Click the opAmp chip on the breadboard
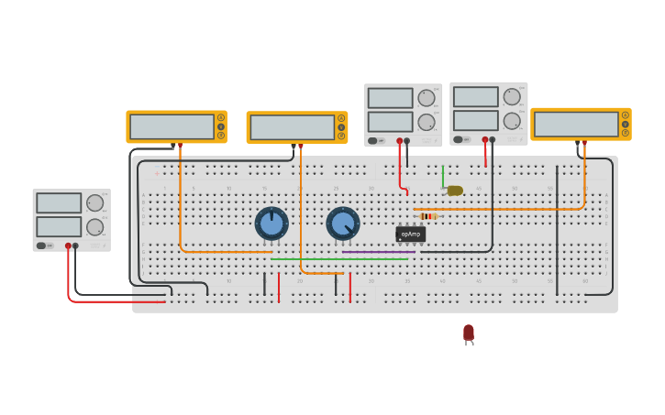tap(410, 234)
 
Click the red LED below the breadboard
tap(469, 333)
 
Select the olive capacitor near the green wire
tap(454, 191)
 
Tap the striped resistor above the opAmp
tap(427, 216)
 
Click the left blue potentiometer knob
tap(272, 224)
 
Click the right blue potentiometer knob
tap(343, 224)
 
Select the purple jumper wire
tap(378, 252)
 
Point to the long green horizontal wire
tap(339, 259)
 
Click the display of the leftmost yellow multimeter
tap(172, 126)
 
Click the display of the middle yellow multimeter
tap(292, 127)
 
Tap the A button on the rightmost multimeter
tap(626, 115)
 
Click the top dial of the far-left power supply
tap(94, 203)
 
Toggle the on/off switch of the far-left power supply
tap(42, 246)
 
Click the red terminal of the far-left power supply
tap(68, 246)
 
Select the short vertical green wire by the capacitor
tap(443, 176)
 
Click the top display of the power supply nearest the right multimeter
tap(475, 97)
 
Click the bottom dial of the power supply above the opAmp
tap(427, 122)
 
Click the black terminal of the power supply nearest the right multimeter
tap(493, 139)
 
